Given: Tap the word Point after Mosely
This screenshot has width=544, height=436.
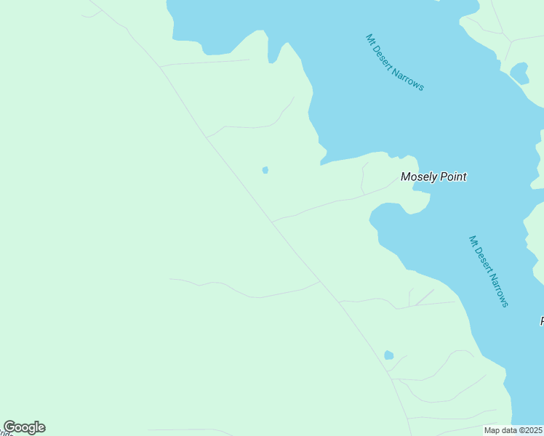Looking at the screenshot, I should click(452, 177).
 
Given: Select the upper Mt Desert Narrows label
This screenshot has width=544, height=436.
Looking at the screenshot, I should click(394, 62).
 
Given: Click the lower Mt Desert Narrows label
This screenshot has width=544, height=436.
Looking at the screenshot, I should click(489, 271).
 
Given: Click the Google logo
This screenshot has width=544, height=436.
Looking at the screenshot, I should click(24, 427).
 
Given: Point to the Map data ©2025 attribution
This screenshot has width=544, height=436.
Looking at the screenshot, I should click(513, 430).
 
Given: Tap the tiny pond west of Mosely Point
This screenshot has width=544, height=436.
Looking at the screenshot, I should click(265, 170).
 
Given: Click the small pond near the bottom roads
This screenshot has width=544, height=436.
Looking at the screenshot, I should click(389, 355).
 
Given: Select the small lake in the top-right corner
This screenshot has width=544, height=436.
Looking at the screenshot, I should click(519, 73).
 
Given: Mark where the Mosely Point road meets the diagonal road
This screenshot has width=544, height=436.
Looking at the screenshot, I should click(272, 221).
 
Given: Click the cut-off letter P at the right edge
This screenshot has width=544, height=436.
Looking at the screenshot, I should click(541, 321).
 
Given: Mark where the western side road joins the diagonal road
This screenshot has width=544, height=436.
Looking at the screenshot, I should click(320, 282).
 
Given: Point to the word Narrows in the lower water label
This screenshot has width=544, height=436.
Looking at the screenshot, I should click(498, 290).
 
